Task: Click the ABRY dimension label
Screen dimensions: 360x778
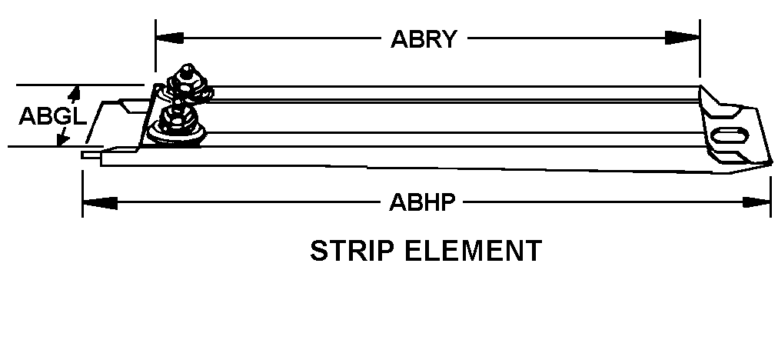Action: coord(424,38)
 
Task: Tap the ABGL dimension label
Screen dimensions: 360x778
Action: coord(48,116)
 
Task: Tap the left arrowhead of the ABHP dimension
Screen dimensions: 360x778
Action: coord(97,202)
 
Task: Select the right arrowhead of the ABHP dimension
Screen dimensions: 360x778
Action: coord(758,202)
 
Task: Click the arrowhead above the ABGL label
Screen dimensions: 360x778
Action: coord(74,94)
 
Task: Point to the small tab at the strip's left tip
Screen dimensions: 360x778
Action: coord(91,155)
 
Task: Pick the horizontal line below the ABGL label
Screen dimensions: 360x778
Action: coord(38,145)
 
